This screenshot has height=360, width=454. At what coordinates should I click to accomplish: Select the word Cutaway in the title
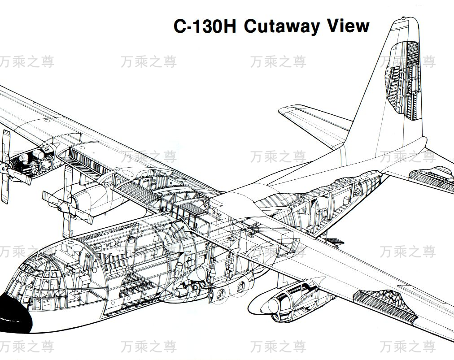pos(283,26)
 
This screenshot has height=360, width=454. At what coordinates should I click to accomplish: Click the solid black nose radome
pos(13,312)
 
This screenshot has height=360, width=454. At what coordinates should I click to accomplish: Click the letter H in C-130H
pos(228,26)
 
